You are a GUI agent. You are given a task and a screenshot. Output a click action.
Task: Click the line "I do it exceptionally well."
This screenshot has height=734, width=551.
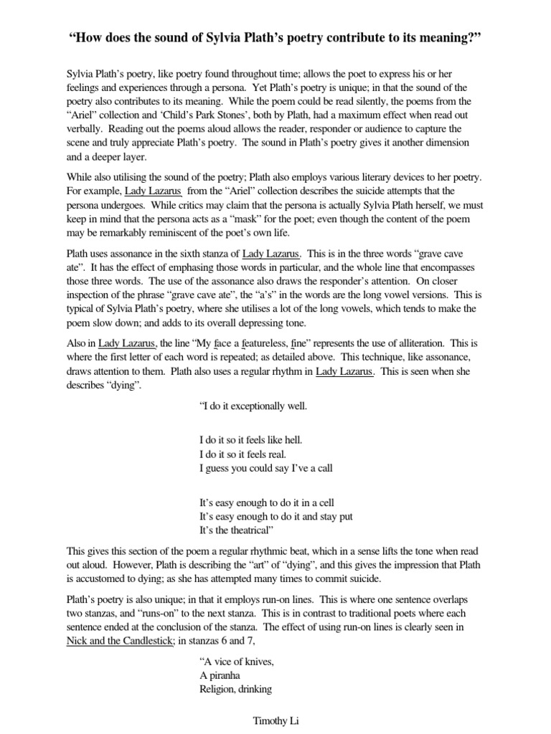[253, 406]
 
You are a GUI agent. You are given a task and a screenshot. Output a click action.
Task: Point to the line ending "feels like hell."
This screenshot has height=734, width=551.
[251, 438]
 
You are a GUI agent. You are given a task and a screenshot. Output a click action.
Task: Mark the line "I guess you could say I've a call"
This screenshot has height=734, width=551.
[265, 469]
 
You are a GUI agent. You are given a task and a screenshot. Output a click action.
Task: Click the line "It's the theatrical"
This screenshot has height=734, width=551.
[237, 530]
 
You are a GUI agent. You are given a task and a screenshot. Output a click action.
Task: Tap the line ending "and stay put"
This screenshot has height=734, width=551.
[275, 516]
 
